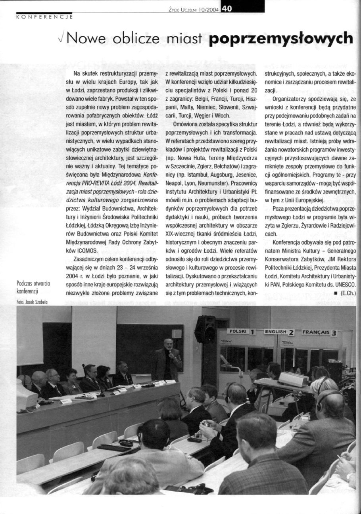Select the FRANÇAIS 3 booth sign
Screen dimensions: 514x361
pos(320,333)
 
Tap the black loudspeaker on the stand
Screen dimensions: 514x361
pos(205,329)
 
